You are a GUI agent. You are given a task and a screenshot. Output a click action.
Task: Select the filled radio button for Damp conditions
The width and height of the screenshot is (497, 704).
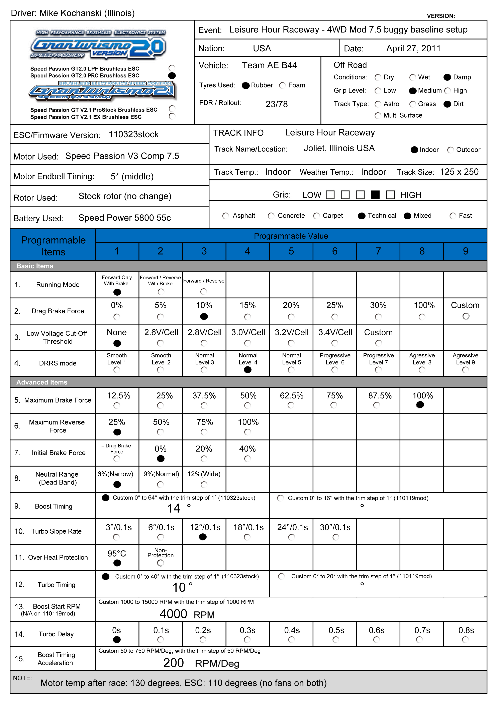pos(447,77)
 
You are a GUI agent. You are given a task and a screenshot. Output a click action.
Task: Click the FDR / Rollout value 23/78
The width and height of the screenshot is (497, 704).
pos(277,104)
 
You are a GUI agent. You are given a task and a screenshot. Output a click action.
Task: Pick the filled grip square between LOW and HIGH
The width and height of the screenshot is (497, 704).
pos(375,195)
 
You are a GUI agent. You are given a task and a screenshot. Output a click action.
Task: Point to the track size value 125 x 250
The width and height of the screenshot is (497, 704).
pos(459,172)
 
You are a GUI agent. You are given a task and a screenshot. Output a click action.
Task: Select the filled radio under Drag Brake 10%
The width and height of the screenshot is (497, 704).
pos(204,316)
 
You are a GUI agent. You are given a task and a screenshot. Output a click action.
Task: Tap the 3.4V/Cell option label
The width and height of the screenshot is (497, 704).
pos(335,332)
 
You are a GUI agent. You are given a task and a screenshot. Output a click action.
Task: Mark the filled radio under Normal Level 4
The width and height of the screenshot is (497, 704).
pos(248,370)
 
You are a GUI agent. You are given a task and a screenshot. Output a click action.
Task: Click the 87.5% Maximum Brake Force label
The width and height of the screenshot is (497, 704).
pos(380,396)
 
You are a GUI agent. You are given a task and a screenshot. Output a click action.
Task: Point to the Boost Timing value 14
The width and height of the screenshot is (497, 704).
pos(174,508)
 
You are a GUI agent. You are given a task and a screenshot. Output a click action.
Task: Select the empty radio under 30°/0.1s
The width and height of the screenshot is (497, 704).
pos(336,537)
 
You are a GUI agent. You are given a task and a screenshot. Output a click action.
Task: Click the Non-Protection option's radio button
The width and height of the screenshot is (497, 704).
pos(161,563)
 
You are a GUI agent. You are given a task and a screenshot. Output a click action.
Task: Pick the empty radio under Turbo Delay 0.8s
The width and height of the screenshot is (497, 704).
pos(466,640)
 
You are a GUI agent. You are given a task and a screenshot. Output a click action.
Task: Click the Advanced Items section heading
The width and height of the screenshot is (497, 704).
pos(42,382)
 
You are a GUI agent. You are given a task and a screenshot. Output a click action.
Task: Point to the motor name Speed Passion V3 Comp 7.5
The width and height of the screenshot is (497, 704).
pos(122,156)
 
